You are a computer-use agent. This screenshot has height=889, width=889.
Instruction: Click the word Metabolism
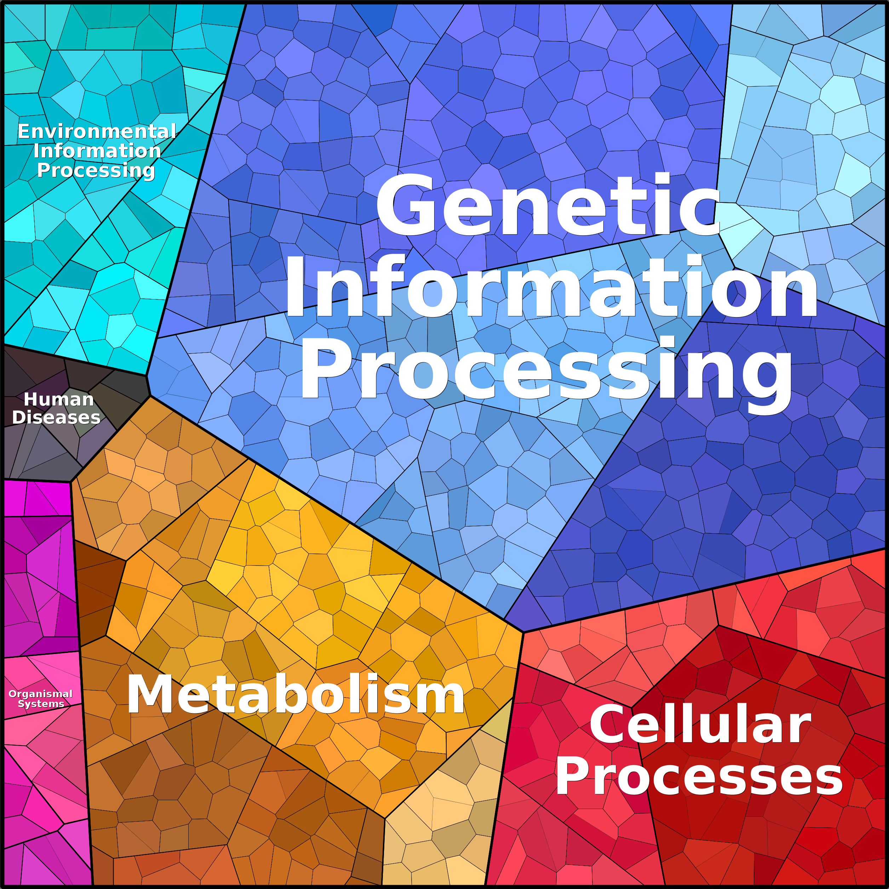(296, 695)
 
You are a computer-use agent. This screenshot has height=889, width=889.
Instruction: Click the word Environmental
(97, 132)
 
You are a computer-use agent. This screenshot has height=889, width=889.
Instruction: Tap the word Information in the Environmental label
(97, 151)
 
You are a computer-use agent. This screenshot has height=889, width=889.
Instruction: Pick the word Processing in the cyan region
(96, 171)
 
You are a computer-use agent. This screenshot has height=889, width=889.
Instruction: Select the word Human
(58, 400)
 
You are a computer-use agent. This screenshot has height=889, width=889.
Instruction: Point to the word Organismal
(40, 694)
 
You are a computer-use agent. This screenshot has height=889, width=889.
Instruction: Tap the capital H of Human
(30, 400)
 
